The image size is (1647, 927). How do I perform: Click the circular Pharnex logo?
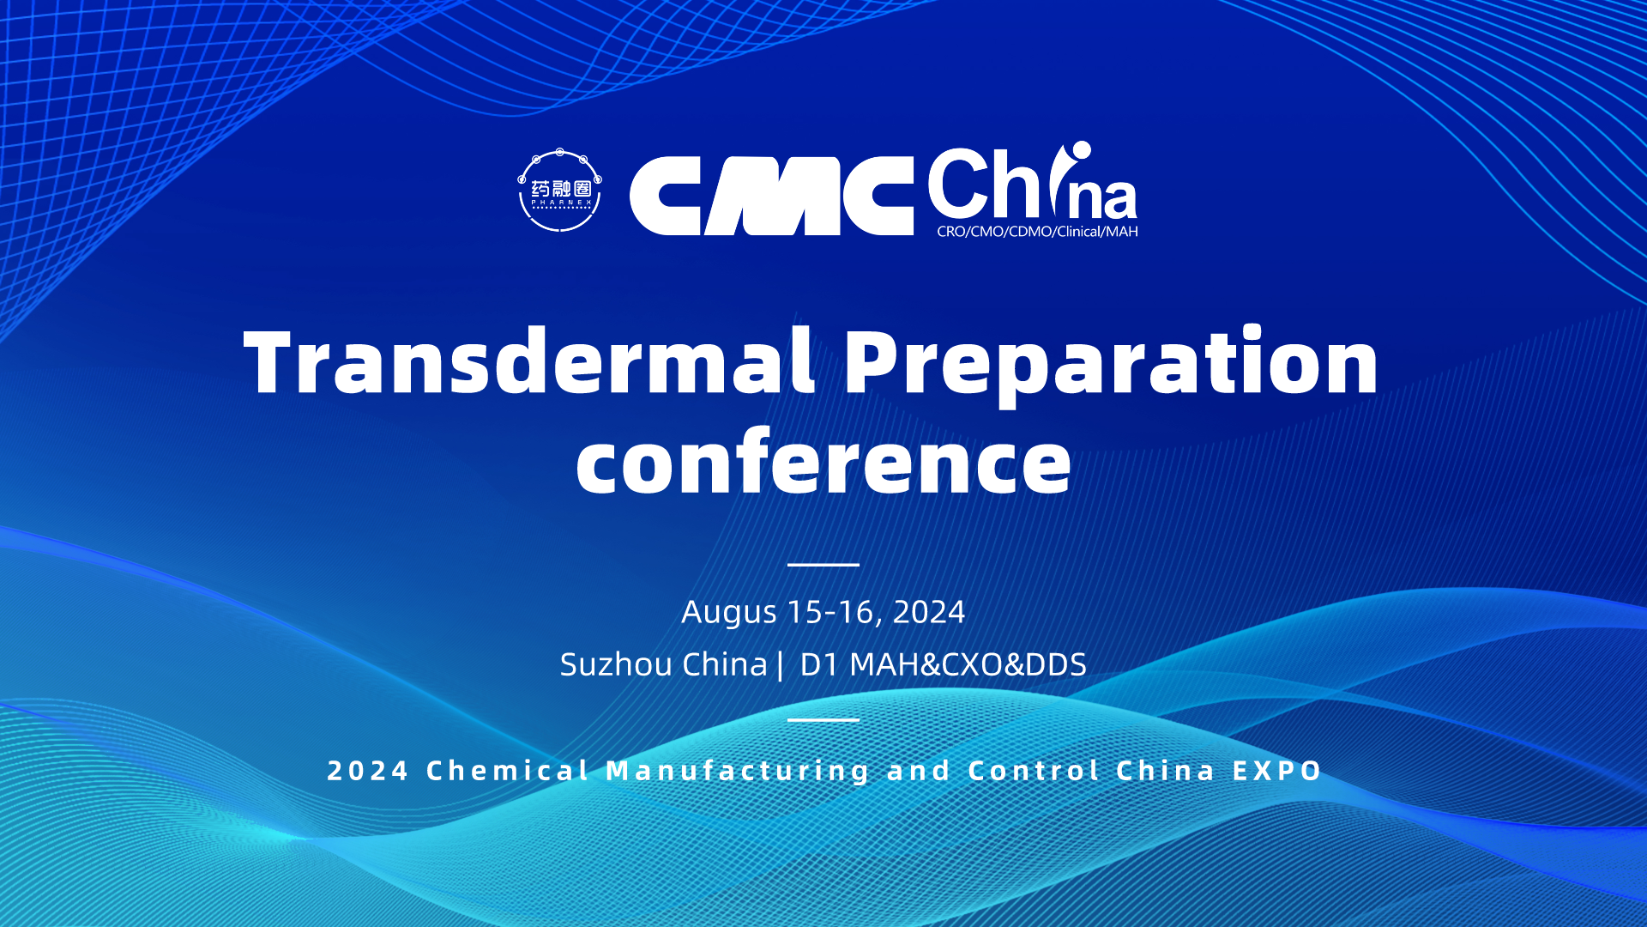(x=560, y=191)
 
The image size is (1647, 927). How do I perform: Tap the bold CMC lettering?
(x=771, y=196)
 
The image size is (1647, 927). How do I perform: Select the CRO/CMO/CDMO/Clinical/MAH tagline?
(x=1037, y=232)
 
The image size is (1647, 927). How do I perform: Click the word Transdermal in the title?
(x=530, y=361)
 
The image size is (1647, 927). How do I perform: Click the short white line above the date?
(x=823, y=565)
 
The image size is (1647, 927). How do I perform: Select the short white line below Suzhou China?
(x=823, y=719)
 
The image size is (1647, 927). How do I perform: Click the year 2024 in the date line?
(x=929, y=612)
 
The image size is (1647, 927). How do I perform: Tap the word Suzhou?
(x=616, y=664)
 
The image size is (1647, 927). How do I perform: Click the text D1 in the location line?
(x=818, y=664)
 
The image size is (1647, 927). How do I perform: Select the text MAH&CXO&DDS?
(x=968, y=664)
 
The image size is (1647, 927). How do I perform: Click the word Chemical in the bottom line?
(x=508, y=771)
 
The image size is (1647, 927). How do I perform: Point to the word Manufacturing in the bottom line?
(x=739, y=772)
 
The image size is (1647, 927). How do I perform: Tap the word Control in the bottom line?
(x=1034, y=771)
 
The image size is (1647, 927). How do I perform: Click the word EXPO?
(x=1277, y=771)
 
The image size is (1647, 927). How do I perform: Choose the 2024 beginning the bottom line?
(x=368, y=771)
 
